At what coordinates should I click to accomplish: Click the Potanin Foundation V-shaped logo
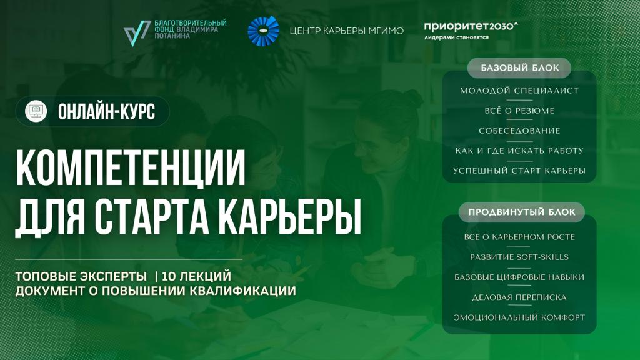click(x=137, y=33)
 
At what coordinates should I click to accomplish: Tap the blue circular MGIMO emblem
click(x=263, y=31)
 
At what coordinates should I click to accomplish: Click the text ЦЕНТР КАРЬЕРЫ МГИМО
click(x=347, y=31)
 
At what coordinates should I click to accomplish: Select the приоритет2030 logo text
click(x=471, y=26)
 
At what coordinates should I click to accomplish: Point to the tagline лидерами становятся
click(x=456, y=37)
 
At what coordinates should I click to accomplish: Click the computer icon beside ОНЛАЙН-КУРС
click(x=36, y=111)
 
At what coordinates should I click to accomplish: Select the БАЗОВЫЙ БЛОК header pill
click(x=519, y=67)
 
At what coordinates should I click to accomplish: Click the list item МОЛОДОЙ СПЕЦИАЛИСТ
click(x=519, y=91)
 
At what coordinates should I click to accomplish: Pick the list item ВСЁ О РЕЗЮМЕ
click(x=519, y=111)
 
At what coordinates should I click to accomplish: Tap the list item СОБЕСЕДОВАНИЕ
click(x=519, y=131)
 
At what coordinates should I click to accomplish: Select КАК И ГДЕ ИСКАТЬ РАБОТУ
click(x=519, y=151)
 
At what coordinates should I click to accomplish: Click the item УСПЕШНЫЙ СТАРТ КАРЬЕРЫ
click(x=519, y=171)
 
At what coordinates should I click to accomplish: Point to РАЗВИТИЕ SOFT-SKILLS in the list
click(x=519, y=257)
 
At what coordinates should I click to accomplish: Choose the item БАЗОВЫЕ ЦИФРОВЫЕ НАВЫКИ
click(x=519, y=277)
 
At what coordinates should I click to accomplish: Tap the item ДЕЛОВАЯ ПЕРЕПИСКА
click(x=519, y=297)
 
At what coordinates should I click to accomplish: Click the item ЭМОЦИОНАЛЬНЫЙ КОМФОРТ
click(x=519, y=317)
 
